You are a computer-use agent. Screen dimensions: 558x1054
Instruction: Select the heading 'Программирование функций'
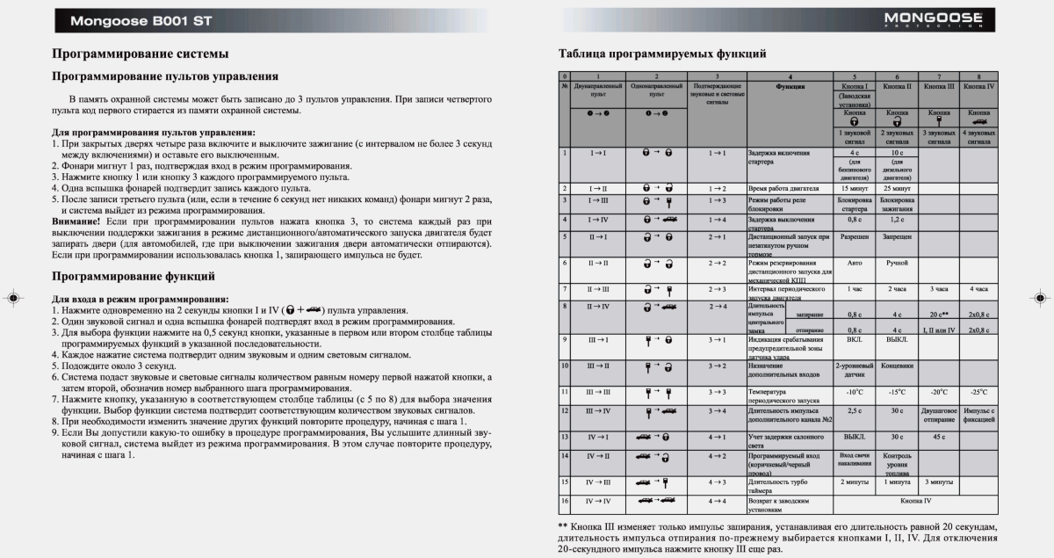tap(134, 277)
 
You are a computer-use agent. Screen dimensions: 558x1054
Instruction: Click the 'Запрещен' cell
tap(896, 237)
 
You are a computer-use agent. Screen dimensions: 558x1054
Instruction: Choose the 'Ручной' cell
tap(896, 263)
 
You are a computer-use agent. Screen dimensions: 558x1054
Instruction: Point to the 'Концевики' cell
tap(896, 366)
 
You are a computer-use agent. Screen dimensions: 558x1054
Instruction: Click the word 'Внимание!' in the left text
tap(76, 222)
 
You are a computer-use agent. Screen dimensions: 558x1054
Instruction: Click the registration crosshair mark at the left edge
tap(12, 298)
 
